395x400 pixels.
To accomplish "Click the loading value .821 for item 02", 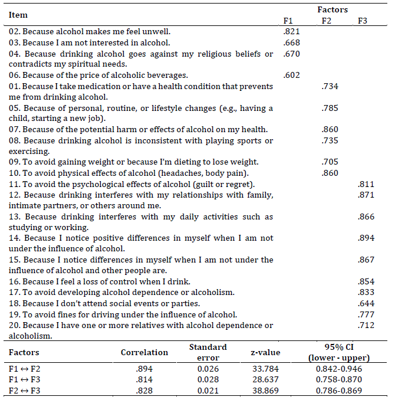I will [291, 31].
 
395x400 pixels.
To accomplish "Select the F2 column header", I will [327, 21].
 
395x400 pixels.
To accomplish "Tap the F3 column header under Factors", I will [363, 21].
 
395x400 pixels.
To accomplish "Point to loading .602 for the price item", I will [291, 75].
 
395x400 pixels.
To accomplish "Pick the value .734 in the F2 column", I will [329, 86].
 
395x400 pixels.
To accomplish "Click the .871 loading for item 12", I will [366, 195].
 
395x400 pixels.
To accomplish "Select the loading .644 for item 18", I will [366, 304].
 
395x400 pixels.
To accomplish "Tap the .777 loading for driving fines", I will [366, 314].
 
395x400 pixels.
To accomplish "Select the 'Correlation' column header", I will [144, 352].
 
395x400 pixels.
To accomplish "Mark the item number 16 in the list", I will [14, 282].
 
